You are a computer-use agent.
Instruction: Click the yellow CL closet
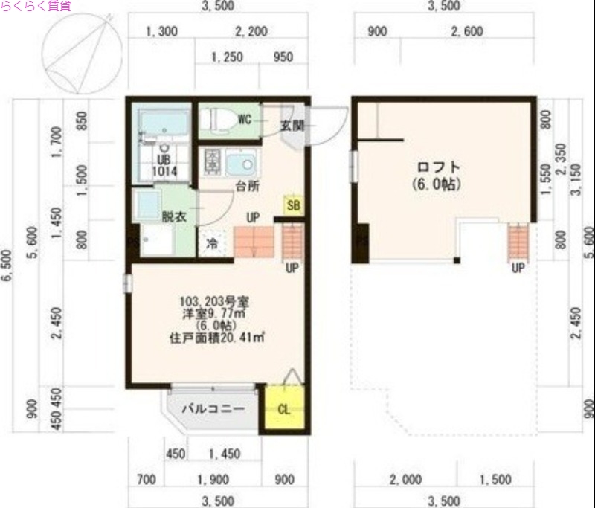click(x=283, y=408)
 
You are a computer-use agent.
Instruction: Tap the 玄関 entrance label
click(x=292, y=125)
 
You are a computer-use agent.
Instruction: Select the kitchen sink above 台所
click(x=240, y=161)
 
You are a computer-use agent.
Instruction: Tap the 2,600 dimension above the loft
click(x=467, y=31)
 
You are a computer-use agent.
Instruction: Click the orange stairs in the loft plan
click(x=518, y=243)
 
